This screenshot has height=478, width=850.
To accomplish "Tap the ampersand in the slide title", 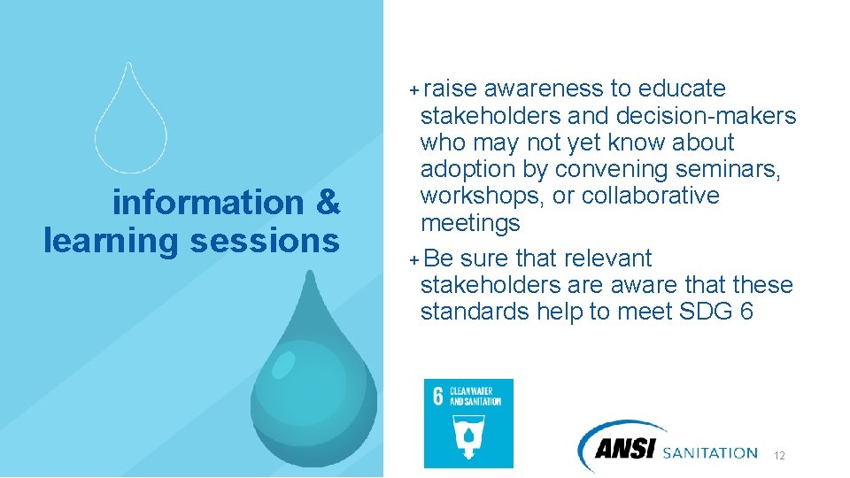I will pyautogui.click(x=327, y=203).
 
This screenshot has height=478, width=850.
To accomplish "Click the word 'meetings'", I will pyautogui.click(x=470, y=222).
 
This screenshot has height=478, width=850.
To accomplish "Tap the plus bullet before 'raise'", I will pyautogui.click(x=414, y=89).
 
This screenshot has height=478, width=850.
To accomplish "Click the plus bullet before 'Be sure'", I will pyautogui.click(x=414, y=259).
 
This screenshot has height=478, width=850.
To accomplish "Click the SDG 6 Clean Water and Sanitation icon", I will pyautogui.click(x=468, y=423).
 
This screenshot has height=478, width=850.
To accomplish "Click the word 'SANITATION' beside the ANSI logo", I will pyautogui.click(x=709, y=452).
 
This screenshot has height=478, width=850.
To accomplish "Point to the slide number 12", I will pyautogui.click(x=779, y=456).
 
